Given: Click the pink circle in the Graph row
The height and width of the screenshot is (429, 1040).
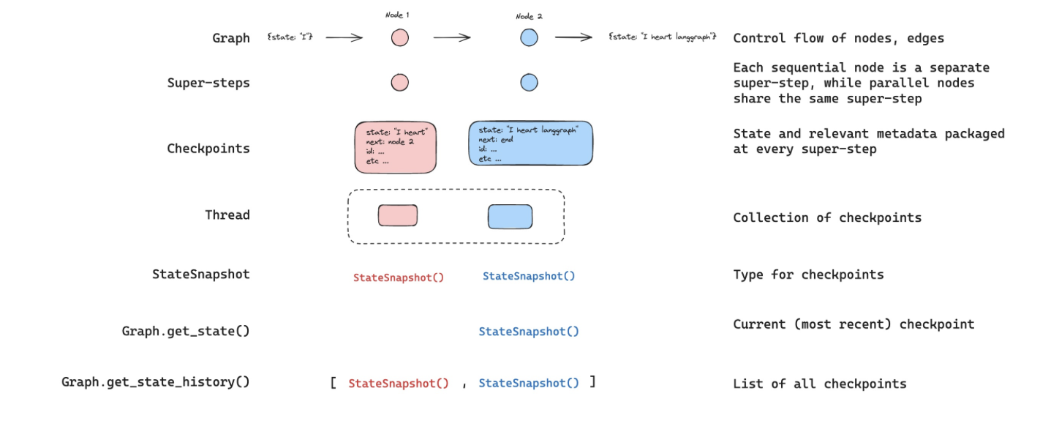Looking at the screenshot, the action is click(x=400, y=37).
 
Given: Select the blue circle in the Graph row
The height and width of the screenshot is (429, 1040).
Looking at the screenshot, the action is click(x=529, y=37).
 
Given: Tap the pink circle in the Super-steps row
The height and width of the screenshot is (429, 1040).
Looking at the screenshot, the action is click(x=400, y=83).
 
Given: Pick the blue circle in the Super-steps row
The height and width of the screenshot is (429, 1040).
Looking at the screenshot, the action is click(x=529, y=83).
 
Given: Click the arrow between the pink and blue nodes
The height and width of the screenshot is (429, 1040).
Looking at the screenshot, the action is click(x=452, y=37).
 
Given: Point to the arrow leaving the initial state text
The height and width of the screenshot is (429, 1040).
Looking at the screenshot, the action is click(x=344, y=37).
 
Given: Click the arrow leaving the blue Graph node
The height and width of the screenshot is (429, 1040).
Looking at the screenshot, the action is click(x=573, y=37).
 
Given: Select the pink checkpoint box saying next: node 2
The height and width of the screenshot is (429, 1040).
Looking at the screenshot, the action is click(x=396, y=147).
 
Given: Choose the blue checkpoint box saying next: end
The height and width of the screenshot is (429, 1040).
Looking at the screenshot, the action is click(x=531, y=143).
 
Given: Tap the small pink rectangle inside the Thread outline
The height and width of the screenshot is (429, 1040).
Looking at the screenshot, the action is click(x=398, y=216).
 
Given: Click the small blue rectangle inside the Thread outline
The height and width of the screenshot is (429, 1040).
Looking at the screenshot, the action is click(x=510, y=217).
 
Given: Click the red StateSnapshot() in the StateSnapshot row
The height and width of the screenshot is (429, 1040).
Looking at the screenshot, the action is click(x=399, y=277).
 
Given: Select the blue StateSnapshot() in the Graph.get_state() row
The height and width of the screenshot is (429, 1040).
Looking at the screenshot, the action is click(x=529, y=332).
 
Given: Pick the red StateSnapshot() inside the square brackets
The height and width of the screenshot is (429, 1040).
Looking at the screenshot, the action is click(x=399, y=383).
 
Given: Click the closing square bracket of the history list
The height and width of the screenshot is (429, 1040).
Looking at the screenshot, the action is click(x=592, y=382).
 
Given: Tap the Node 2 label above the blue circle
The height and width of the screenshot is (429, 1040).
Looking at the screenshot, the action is click(x=529, y=16).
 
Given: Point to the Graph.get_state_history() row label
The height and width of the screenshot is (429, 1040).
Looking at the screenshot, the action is click(x=156, y=382).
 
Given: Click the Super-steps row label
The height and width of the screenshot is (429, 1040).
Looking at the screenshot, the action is click(x=208, y=83).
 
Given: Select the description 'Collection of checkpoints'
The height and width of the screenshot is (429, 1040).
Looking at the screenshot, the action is click(x=827, y=217).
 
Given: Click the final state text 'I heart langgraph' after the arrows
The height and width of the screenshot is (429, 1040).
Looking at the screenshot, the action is click(x=663, y=37).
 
